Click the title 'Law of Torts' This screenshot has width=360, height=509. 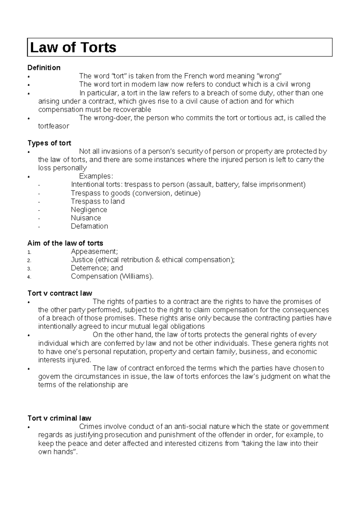pos(73,47)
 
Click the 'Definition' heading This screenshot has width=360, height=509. pos(44,68)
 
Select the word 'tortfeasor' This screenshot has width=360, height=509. pos(53,126)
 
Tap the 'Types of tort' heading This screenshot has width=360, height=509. pos(49,143)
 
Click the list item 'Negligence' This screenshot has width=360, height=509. pos(89,210)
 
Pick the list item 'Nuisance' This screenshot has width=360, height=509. pos(86,218)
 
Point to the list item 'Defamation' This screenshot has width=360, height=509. pos(89,226)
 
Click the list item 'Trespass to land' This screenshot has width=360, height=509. pos(97,201)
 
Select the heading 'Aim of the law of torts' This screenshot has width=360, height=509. pos(65,243)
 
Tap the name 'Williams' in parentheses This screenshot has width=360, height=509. pos(136,276)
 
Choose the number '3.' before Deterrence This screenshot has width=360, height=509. pos(29,269)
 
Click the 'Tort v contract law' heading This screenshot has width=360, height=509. pos(60,293)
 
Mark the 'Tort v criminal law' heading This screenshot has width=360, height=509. pos(59,418)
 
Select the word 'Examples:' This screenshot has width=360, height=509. pos(96,176)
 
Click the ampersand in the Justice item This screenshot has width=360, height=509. pos(158,260)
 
